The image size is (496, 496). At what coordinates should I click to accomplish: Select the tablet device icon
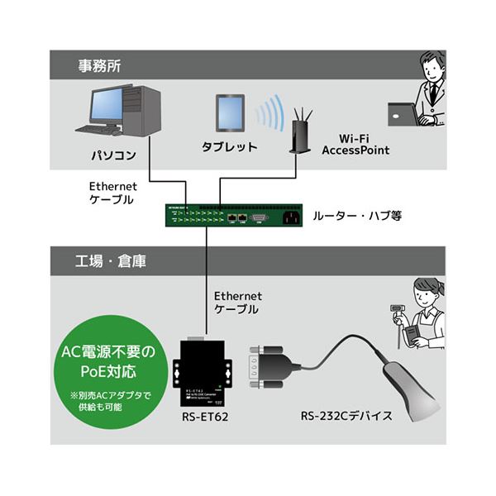(231, 114)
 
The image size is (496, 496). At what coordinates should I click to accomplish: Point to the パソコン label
(113, 155)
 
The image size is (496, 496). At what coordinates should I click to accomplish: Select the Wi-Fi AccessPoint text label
(355, 145)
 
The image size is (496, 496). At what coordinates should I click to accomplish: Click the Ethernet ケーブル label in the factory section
(237, 302)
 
